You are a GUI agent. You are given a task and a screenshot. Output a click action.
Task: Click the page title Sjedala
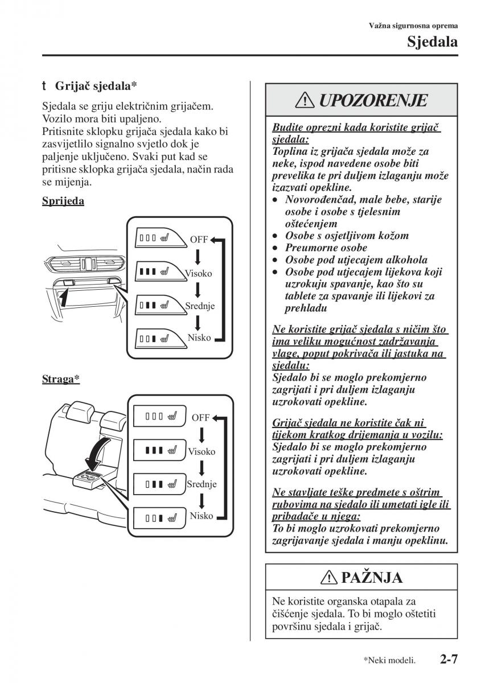point(432,42)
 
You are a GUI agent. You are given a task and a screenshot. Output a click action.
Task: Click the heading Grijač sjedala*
point(96,86)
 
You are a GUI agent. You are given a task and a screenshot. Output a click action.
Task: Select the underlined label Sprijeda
point(63,201)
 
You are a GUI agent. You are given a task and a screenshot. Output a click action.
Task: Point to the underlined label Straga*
point(60,378)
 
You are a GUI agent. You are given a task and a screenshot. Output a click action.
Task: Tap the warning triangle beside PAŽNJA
point(330,578)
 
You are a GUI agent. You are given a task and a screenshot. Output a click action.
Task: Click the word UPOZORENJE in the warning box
point(372,101)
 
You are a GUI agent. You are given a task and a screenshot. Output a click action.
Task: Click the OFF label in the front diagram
point(199,240)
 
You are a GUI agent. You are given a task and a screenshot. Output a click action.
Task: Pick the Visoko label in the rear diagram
point(202,451)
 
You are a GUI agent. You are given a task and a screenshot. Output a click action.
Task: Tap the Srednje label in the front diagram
point(199,306)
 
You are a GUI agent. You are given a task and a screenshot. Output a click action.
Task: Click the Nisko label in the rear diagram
point(202,516)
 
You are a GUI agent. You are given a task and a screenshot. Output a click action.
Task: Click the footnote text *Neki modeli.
point(389,661)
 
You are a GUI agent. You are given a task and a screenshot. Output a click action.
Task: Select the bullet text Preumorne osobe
point(326,248)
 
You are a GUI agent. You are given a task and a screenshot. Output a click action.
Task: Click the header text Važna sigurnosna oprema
point(414,25)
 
